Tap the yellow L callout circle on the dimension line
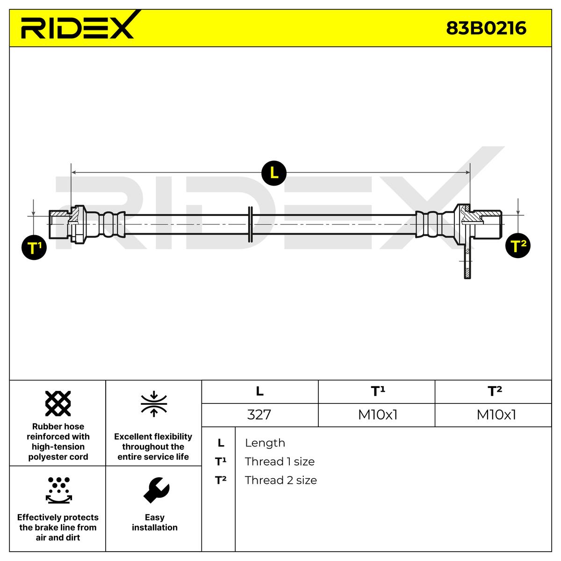tap(274, 173)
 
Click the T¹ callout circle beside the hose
tap(34, 248)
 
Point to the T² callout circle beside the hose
tap(518, 246)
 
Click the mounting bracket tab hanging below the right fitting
tap(467, 262)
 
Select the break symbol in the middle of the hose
tap(250, 224)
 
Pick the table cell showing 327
tap(259, 415)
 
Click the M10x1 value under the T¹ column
tap(377, 415)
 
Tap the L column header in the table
tap(259, 392)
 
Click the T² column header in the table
tap(494, 391)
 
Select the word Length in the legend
tap(265, 443)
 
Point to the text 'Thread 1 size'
tap(280, 461)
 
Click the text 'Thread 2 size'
tap(280, 480)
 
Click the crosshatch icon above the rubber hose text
tap(58, 403)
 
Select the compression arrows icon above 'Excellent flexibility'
tap(154, 404)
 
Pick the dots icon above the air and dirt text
tap(58, 489)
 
